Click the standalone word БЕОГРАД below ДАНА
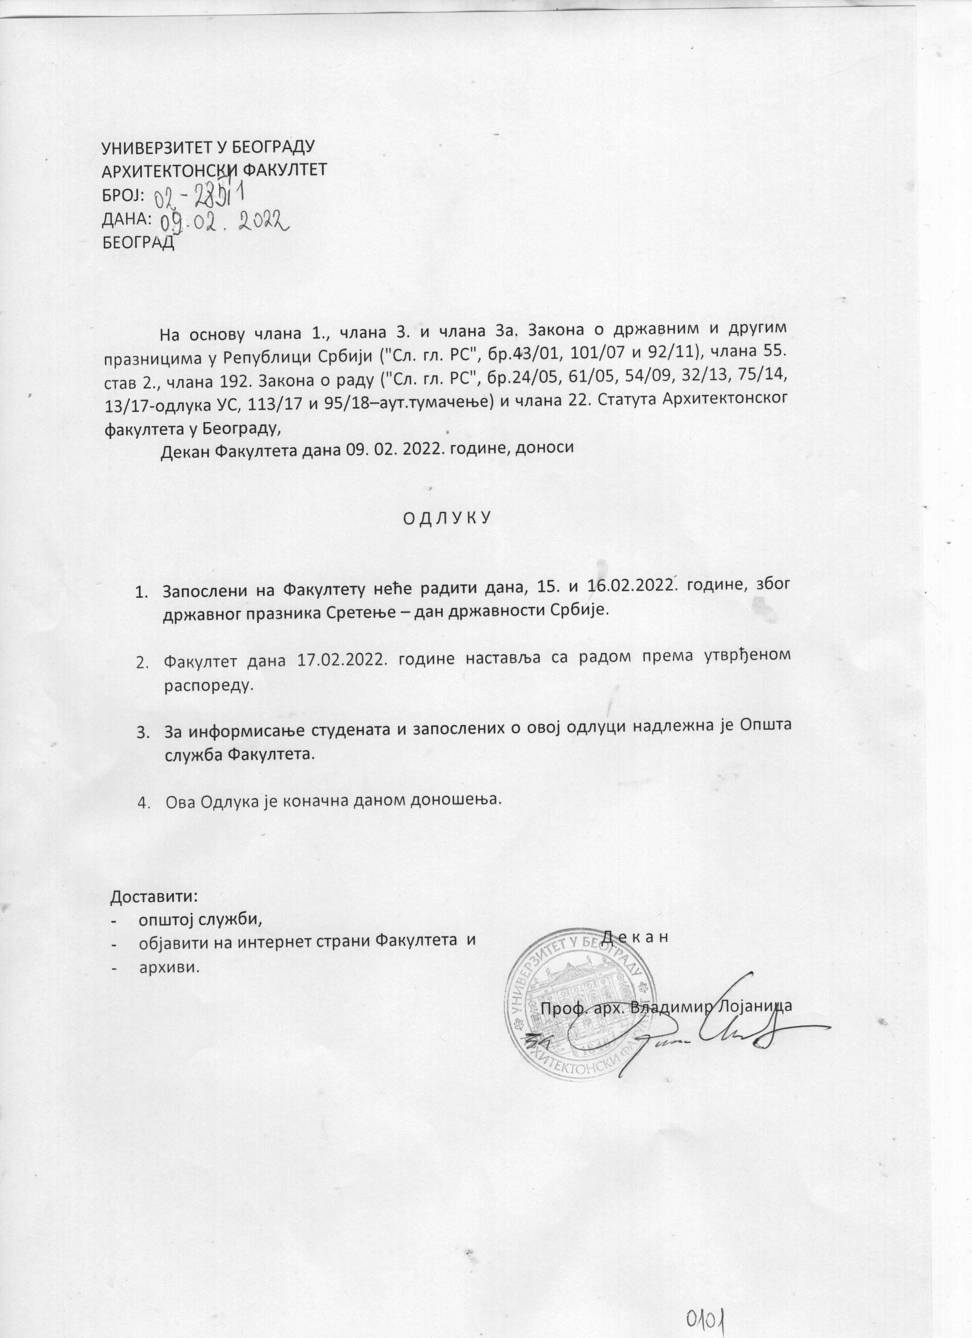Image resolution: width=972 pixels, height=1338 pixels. click(139, 243)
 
